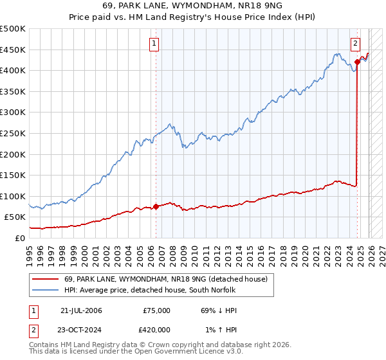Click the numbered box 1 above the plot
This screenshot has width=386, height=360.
coord(155,44)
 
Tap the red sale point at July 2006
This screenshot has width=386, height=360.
coord(156,207)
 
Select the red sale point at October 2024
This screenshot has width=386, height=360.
coord(357,62)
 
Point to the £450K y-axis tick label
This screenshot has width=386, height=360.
coord(13,50)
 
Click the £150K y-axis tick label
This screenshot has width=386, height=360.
coord(13,175)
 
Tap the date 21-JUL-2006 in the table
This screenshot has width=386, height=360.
coord(81,310)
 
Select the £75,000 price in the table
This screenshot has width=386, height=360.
coord(157,310)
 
